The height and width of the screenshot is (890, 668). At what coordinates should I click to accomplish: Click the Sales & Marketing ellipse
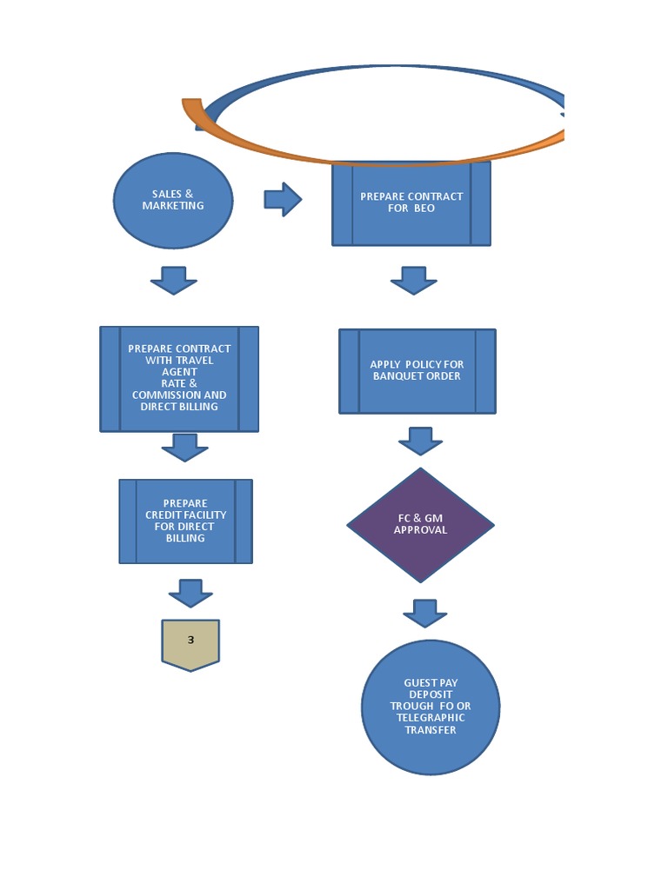point(173,201)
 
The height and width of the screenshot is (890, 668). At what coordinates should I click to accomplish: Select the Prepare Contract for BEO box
point(411,203)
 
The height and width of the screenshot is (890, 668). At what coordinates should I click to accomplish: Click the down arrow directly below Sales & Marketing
point(174,280)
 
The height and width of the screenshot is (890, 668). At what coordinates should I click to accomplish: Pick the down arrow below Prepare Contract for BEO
point(414,280)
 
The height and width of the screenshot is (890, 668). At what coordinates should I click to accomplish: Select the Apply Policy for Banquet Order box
point(417,371)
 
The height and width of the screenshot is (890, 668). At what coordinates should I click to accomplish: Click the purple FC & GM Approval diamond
point(420,525)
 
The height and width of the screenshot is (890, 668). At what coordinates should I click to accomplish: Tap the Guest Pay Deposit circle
point(431,707)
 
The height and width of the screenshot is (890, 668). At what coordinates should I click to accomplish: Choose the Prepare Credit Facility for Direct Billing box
point(185,521)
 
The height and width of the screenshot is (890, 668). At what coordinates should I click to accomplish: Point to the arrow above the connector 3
point(190,593)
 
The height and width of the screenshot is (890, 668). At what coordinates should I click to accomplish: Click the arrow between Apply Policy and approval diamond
point(421,441)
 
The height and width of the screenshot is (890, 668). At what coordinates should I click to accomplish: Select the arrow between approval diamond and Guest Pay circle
point(424,613)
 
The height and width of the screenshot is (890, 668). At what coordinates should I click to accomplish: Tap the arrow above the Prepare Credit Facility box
point(184,448)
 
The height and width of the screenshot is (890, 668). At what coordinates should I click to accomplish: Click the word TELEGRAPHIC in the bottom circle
point(431,718)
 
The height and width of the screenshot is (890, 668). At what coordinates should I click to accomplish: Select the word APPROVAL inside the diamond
point(420,530)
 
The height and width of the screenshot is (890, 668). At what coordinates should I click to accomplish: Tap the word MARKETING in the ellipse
point(173,206)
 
